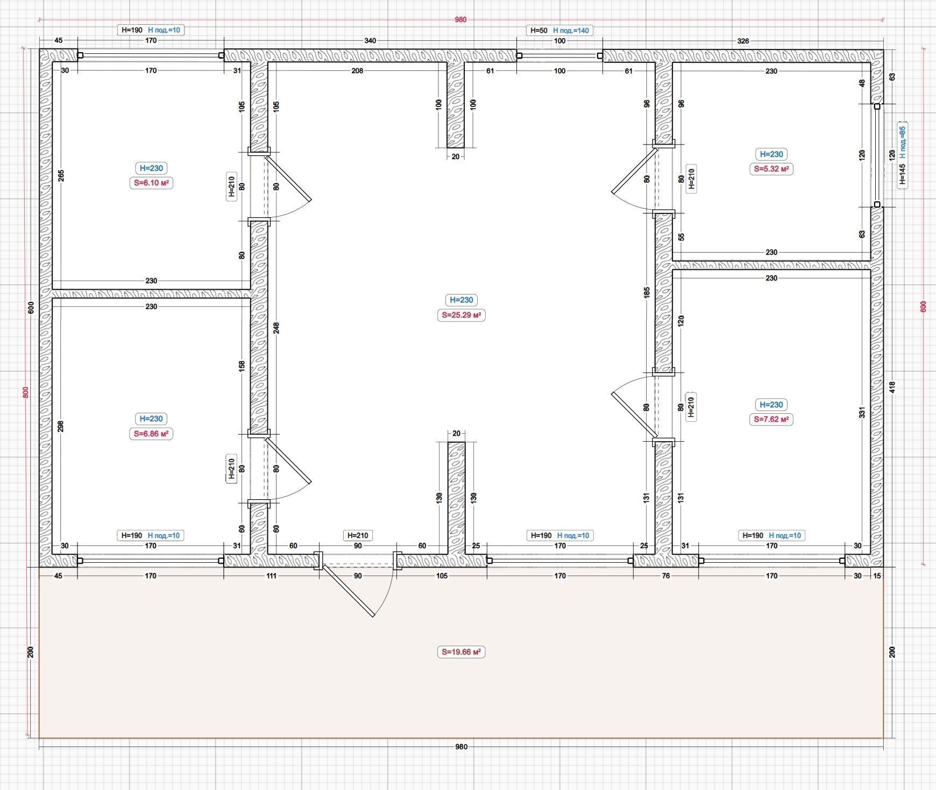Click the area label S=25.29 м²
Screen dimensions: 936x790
click(462, 315)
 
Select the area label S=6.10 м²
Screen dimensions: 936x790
click(151, 183)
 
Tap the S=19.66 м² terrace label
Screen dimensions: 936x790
click(462, 652)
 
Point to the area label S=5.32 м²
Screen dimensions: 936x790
click(771, 169)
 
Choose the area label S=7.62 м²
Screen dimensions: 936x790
click(771, 419)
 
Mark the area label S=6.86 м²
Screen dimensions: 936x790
click(151, 433)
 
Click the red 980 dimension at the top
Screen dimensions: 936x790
click(461, 20)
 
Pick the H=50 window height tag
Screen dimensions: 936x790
click(538, 31)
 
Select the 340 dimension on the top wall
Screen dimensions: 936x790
click(370, 41)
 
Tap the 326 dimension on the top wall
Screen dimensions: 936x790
click(743, 41)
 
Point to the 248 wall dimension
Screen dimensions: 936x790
click(276, 328)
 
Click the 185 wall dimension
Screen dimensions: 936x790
click(647, 293)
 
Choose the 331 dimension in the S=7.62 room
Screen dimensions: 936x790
click(862, 412)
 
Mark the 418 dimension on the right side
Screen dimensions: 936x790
click(892, 387)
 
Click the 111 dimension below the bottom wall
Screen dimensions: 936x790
click(271, 576)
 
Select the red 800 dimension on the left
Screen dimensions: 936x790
click(25, 392)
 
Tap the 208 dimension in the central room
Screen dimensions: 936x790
click(357, 70)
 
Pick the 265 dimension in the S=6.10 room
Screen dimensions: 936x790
click(61, 176)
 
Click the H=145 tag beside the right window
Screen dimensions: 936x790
click(903, 175)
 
